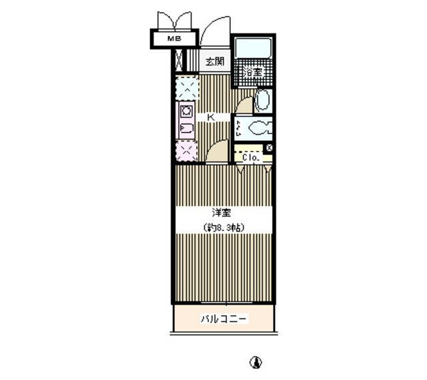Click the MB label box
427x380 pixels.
(174, 39)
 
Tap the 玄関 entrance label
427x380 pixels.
(215, 61)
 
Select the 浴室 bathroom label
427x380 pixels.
(254, 72)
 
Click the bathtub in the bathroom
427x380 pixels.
(253, 48)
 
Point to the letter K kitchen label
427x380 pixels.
(211, 118)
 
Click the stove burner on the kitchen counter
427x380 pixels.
(186, 111)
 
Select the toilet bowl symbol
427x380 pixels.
(258, 128)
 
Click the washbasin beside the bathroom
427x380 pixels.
(262, 100)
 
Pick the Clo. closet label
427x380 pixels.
(250, 158)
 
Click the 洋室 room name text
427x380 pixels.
(222, 212)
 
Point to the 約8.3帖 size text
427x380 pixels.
(224, 227)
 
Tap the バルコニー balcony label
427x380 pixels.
(224, 319)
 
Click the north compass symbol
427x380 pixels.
(256, 363)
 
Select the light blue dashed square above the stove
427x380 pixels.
(187, 87)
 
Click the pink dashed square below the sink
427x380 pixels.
(187, 151)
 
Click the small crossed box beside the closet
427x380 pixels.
(269, 148)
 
